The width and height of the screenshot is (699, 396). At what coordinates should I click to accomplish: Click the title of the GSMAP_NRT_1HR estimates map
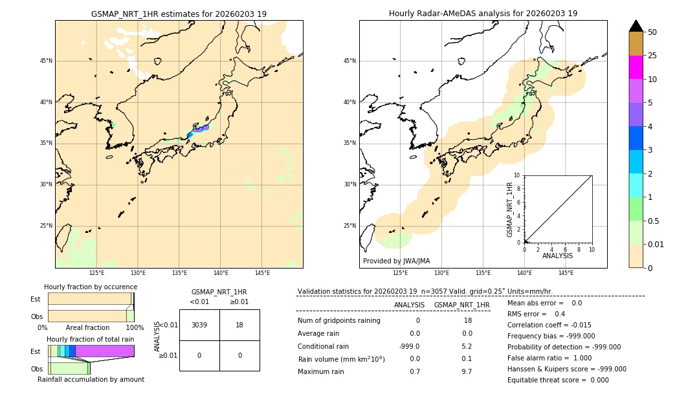[179, 14]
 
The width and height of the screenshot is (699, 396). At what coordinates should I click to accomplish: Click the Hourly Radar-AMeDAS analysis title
[483, 14]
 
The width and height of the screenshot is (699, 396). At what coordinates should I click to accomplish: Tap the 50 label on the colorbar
[652, 32]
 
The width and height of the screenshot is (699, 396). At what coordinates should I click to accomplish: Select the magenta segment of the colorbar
[636, 67]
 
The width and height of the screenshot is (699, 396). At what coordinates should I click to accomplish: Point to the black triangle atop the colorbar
[636, 26]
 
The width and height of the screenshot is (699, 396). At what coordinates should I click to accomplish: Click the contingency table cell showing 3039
[199, 325]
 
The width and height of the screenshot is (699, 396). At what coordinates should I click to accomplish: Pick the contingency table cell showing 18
[239, 325]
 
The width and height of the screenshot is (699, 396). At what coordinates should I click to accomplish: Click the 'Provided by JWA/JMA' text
[396, 261]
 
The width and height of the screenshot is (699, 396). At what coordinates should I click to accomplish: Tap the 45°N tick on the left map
[46, 61]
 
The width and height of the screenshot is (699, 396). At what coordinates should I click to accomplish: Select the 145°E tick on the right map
[566, 273]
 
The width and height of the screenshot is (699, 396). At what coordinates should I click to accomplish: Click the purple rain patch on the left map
[199, 129]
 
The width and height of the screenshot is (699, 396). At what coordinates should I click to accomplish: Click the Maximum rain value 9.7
[466, 371]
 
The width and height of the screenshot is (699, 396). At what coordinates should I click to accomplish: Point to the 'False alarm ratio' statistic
[549, 358]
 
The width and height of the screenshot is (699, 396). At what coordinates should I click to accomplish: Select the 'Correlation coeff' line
[549, 325]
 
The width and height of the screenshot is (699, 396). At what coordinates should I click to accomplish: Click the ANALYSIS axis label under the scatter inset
[557, 256]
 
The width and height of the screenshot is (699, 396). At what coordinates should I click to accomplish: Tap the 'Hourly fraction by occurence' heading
[91, 287]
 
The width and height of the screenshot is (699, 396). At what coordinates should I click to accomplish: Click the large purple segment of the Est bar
[104, 351]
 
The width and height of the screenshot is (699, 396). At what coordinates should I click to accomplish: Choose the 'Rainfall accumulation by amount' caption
[91, 379]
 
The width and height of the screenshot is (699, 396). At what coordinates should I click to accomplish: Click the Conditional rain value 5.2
[466, 346]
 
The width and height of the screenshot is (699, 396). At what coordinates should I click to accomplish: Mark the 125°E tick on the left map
[96, 273]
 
